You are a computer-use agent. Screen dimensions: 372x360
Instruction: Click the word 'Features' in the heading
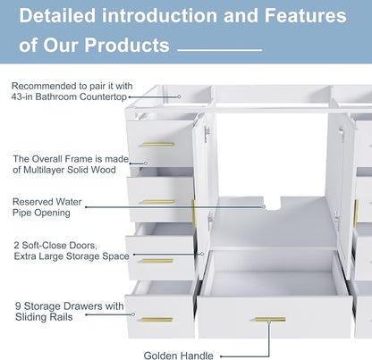click(x=306, y=15)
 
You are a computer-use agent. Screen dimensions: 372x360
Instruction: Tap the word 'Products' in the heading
click(x=127, y=46)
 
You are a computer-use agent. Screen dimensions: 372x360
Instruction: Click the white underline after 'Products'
click(x=220, y=50)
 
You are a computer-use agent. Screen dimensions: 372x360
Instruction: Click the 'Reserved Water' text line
click(x=46, y=202)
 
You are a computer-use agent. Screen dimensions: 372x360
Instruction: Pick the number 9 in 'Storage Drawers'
click(x=18, y=306)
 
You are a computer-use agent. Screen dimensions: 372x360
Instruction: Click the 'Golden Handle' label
click(x=179, y=356)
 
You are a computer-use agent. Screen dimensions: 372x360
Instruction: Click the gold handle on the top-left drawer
click(x=158, y=145)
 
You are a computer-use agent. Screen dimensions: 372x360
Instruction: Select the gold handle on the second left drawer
click(x=158, y=202)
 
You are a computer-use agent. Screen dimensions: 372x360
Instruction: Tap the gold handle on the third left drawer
click(x=157, y=261)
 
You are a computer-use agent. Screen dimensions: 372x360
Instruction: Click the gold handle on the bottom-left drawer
click(x=156, y=320)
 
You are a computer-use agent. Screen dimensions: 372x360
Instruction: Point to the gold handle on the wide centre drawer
click(x=270, y=320)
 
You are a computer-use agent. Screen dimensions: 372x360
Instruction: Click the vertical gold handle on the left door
click(x=193, y=213)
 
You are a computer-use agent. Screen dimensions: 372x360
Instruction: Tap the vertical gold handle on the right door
click(x=356, y=213)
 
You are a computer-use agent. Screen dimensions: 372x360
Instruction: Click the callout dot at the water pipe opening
click(x=264, y=206)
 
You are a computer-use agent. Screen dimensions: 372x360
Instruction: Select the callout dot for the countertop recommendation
click(x=179, y=96)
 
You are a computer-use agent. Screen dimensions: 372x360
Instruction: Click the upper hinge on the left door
click(x=207, y=134)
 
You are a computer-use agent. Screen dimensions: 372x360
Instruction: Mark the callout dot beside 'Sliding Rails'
click(x=133, y=314)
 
